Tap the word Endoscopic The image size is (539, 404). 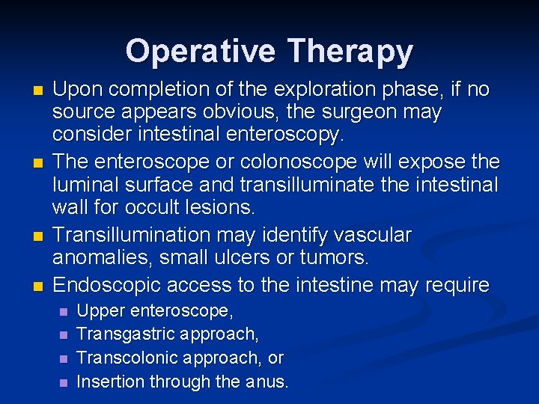[109, 285]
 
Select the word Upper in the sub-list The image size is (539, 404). [99, 310]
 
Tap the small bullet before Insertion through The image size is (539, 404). [63, 382]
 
